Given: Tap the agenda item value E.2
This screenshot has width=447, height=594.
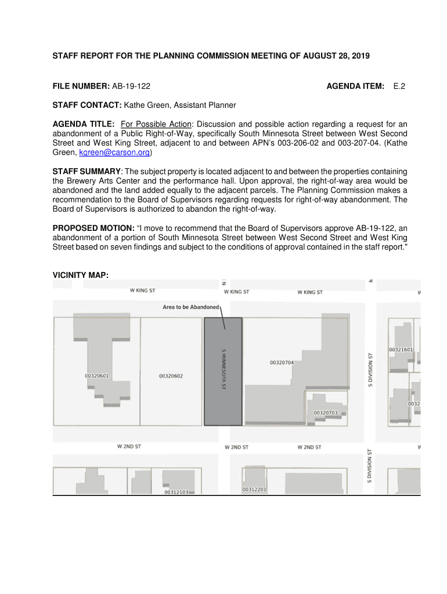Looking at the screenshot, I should pos(399,86).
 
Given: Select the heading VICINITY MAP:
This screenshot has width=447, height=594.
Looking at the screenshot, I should pos(81,274).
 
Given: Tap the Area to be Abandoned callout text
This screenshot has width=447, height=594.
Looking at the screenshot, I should pos(190,307).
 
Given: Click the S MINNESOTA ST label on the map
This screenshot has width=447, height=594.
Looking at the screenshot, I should pos(223,369).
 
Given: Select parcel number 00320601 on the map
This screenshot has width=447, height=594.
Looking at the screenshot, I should pos(97,376).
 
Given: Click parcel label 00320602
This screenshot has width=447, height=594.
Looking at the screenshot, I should pos(171,376).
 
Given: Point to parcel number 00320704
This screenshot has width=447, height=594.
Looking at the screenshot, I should pos(282,363).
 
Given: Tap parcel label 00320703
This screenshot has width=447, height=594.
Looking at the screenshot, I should pos(325,413).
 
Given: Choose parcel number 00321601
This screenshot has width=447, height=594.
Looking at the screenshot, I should pos(401,350).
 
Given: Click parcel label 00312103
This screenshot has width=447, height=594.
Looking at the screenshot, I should pos(176,492).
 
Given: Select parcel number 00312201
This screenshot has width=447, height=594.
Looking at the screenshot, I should pos(254,490).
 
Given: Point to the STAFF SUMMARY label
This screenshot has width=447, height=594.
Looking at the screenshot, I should pos(86,172).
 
